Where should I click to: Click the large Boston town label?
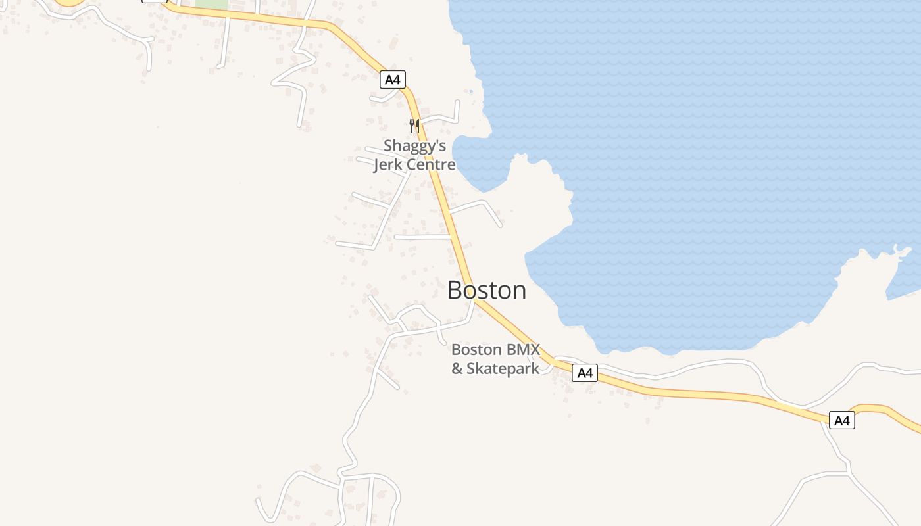coord(487,290)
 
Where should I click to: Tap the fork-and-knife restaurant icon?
coord(414,126)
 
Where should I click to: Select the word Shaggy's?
coord(414,145)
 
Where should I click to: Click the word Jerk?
coord(390,164)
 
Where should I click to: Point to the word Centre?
coord(432,164)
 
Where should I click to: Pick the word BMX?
coord(522,349)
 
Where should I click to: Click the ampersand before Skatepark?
coord(457,368)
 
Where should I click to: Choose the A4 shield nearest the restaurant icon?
coord(392,80)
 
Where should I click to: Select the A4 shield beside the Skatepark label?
coord(584,373)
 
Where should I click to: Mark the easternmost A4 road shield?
coord(841,420)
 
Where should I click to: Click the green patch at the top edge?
coord(211,4)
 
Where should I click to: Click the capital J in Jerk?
coord(377,164)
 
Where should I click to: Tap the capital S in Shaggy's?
coord(389,145)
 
